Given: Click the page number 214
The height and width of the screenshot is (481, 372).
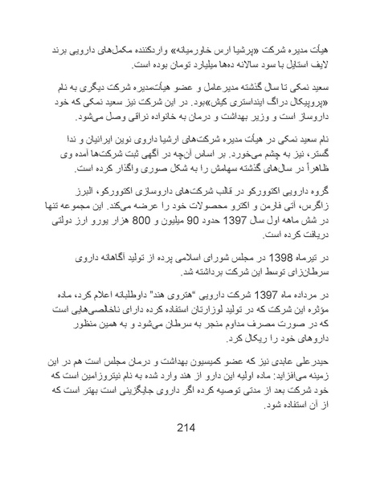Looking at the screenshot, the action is (x=186, y=426).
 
